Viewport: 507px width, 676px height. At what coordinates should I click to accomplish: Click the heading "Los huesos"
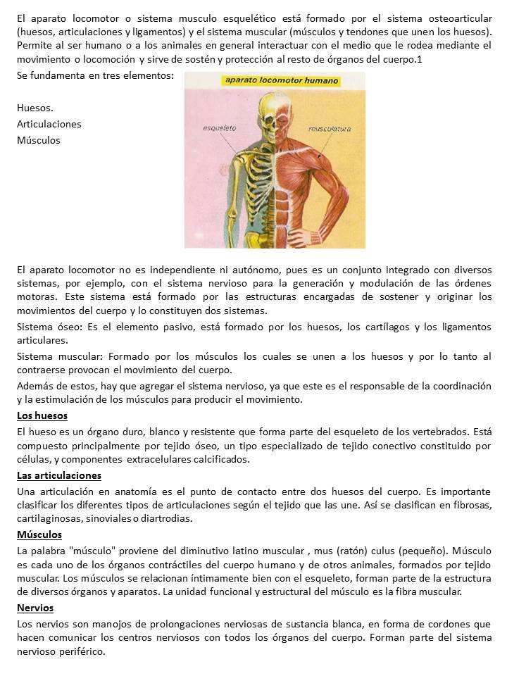(x=42, y=415)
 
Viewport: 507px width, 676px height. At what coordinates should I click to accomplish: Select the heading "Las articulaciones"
(x=59, y=475)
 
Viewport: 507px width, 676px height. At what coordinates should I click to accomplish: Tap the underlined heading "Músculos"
(x=39, y=534)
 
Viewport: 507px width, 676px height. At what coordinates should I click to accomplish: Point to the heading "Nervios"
(x=35, y=608)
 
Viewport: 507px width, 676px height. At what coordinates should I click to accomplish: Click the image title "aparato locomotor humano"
(x=281, y=81)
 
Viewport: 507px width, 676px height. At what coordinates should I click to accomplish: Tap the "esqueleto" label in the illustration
(x=219, y=129)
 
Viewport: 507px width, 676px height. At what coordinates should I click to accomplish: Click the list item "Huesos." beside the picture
(x=35, y=108)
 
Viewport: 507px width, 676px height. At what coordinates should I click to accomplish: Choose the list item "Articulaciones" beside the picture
(x=49, y=124)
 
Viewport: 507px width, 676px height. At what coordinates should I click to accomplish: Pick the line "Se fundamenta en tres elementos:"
(x=95, y=75)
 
